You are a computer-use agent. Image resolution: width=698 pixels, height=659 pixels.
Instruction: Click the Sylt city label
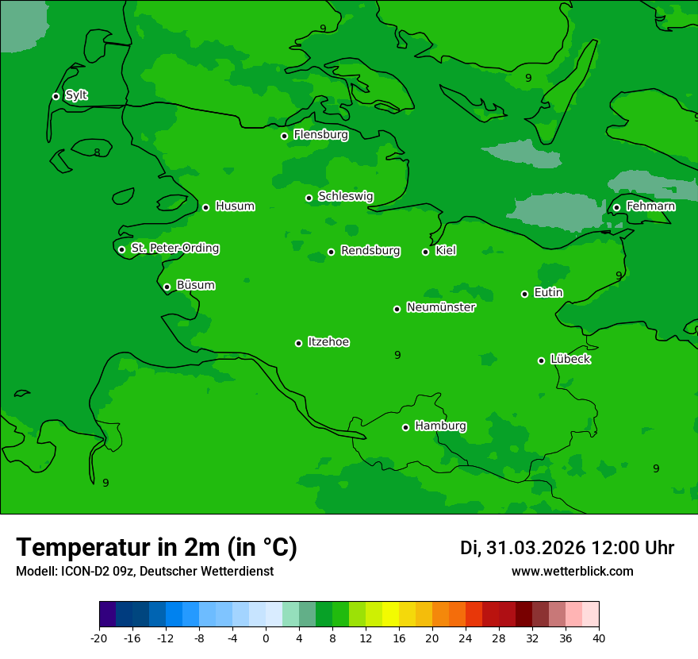point(76,95)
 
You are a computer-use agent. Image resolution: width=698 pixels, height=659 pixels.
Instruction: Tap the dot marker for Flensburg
point(284,136)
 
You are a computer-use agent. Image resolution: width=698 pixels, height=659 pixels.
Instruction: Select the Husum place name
point(235,206)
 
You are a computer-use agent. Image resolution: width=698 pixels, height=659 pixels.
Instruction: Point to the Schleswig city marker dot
point(309,198)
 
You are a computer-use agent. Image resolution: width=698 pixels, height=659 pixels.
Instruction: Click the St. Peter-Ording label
point(174,249)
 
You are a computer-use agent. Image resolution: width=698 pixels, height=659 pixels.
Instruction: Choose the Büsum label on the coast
point(195,285)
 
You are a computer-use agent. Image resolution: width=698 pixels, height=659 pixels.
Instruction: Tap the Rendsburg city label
point(370,251)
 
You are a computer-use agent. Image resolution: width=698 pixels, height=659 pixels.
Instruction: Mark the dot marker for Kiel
point(425,252)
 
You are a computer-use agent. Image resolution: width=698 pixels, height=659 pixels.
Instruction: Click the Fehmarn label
point(650,206)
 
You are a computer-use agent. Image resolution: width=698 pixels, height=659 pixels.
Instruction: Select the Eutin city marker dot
point(524,294)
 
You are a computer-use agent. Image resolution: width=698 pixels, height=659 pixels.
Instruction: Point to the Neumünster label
point(440,307)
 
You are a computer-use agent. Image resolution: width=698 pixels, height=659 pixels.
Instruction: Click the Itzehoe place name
point(328,342)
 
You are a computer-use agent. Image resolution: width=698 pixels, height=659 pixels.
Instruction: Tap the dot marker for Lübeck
point(541,360)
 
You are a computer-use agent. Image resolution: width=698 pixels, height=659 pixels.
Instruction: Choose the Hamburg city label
point(440,426)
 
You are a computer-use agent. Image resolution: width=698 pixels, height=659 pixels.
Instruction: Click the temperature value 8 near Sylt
point(97,152)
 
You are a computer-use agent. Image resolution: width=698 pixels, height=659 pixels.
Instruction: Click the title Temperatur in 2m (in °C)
point(156,548)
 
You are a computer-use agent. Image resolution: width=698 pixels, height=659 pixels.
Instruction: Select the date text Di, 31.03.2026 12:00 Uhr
point(567,548)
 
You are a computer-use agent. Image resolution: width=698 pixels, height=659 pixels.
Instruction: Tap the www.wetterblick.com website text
point(572,572)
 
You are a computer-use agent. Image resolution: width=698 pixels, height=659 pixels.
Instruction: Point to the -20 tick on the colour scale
point(99,638)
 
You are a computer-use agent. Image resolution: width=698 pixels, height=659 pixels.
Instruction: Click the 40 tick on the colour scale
point(599,638)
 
